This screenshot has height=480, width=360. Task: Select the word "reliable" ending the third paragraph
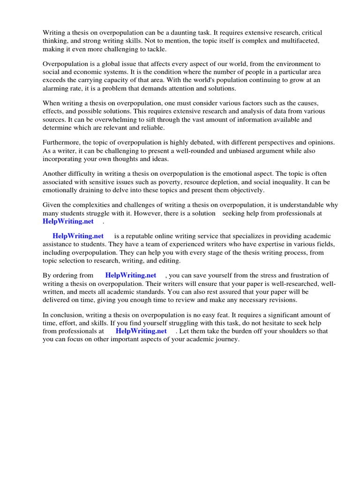(x=151, y=128)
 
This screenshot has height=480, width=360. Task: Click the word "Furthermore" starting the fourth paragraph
(x=61, y=142)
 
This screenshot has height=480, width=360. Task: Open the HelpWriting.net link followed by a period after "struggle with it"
(x=68, y=221)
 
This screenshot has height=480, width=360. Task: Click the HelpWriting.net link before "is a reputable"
(x=78, y=236)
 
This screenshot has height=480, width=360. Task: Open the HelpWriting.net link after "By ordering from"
(x=130, y=275)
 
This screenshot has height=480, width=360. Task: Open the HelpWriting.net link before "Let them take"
(x=141, y=331)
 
